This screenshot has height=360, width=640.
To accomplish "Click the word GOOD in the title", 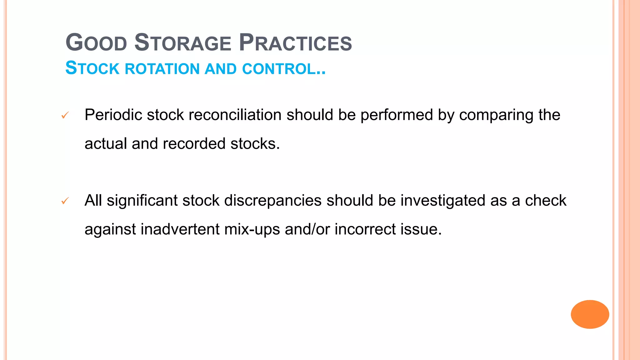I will tap(96, 43).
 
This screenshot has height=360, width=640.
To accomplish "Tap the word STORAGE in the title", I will tap(183, 43).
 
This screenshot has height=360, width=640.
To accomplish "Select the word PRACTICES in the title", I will tap(295, 43).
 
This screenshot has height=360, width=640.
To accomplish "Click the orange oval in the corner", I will tap(590, 314).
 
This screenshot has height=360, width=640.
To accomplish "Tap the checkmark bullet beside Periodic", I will tap(65, 116).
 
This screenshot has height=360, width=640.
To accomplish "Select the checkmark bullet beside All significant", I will tap(65, 201).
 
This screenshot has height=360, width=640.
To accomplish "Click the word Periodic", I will tap(113, 115).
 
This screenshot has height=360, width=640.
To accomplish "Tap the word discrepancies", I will tap(273, 201).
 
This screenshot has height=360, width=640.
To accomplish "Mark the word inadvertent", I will tap(180, 229).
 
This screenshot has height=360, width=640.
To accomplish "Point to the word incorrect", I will tap(365, 229).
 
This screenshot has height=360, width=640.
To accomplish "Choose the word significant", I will tap(142, 201).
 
